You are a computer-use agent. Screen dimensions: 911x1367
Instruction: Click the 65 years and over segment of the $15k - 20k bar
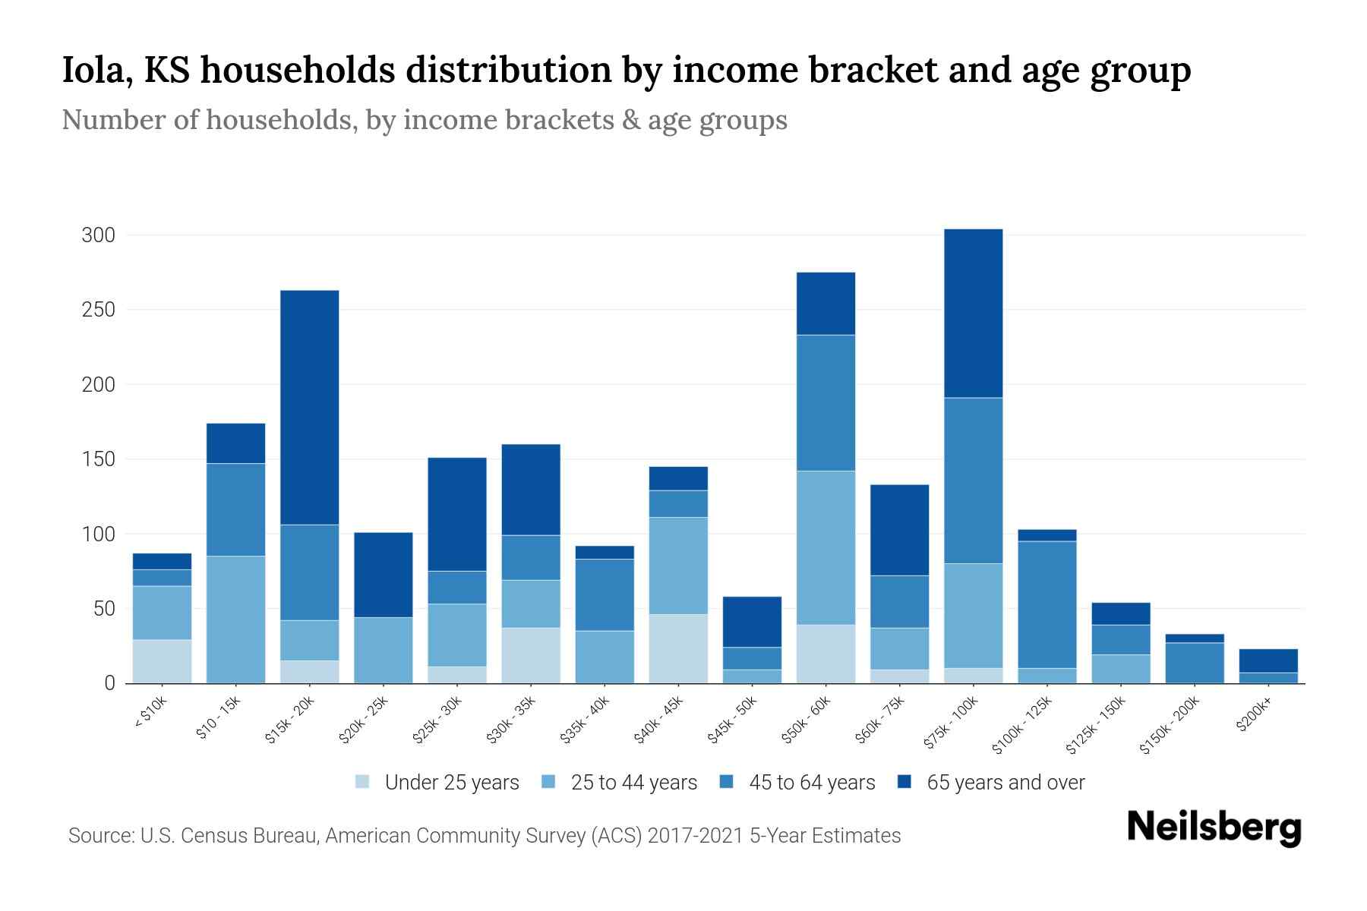pyautogui.click(x=309, y=407)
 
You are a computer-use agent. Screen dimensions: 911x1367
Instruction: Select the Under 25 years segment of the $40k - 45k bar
pyautogui.click(x=677, y=648)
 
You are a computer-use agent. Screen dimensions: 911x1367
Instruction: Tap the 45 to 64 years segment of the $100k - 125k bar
pyautogui.click(x=1047, y=604)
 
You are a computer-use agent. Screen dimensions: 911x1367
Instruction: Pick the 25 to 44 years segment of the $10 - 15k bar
pyautogui.click(x=235, y=619)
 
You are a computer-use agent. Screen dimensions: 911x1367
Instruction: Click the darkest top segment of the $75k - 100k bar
pyautogui.click(x=973, y=313)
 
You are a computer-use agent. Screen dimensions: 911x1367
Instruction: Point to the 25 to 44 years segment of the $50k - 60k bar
pyautogui.click(x=826, y=547)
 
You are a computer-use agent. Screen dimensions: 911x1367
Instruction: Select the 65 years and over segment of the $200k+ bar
pyautogui.click(x=1268, y=660)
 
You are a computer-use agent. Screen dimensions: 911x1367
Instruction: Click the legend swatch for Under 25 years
pyautogui.click(x=363, y=782)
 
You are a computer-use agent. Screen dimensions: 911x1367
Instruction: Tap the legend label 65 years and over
pyautogui.click(x=1005, y=783)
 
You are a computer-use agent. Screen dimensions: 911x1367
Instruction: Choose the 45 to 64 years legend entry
pyautogui.click(x=811, y=783)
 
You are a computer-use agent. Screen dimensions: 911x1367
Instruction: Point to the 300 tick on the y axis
pyautogui.click(x=99, y=235)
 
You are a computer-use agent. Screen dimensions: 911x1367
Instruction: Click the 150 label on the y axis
pyautogui.click(x=99, y=459)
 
